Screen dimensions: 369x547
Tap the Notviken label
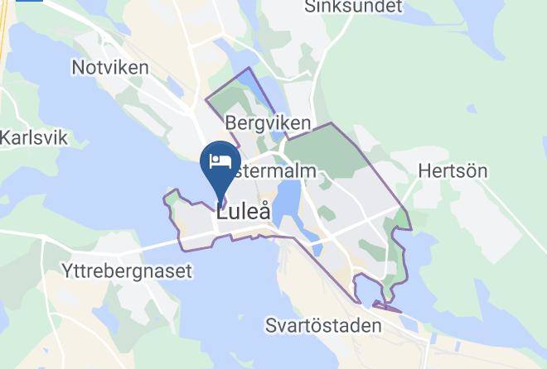[110, 68]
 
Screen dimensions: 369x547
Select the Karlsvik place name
[33, 137]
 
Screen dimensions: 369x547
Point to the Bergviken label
[268, 123]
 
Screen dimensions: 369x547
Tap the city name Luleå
[243, 212]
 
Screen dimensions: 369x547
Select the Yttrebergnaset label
[127, 271]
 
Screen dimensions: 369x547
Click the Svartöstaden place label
[324, 325]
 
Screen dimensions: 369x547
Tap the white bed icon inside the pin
[220, 161]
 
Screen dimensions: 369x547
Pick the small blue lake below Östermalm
[287, 199]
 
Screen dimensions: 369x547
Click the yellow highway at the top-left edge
[5, 33]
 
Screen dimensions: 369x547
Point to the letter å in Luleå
[263, 211]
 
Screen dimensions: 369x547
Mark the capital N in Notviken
[79, 68]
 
